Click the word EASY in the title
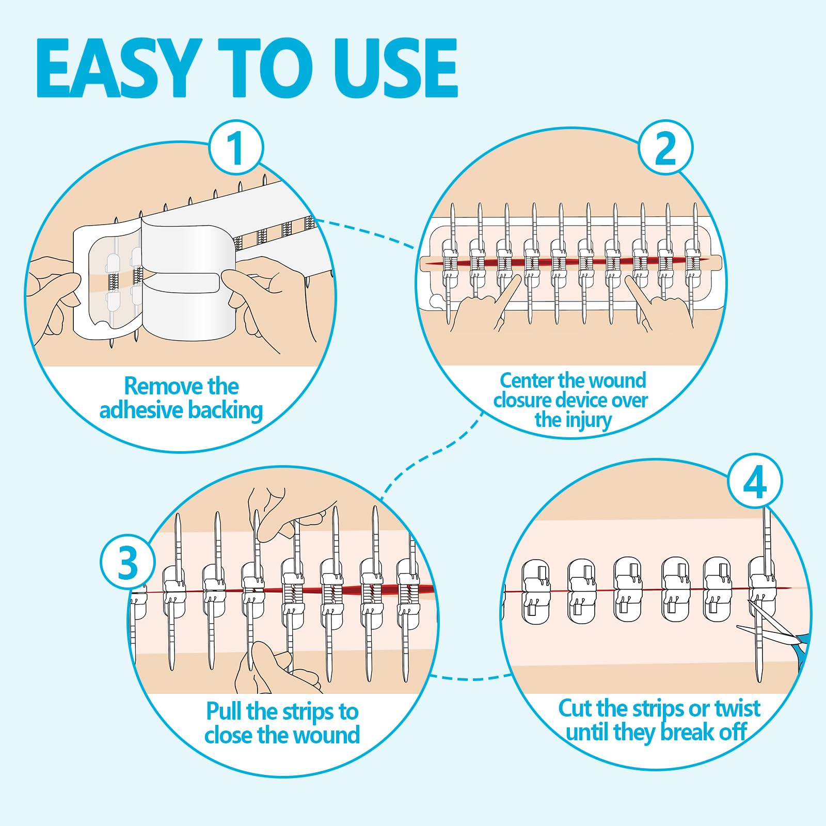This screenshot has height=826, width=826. [119, 68]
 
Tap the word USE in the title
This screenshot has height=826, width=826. [395, 68]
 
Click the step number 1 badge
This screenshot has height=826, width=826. [236, 148]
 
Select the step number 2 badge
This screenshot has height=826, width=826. [665, 148]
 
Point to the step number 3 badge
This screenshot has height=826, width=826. [128, 562]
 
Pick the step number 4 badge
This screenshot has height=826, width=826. [755, 482]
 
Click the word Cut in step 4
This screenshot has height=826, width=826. [575, 708]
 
